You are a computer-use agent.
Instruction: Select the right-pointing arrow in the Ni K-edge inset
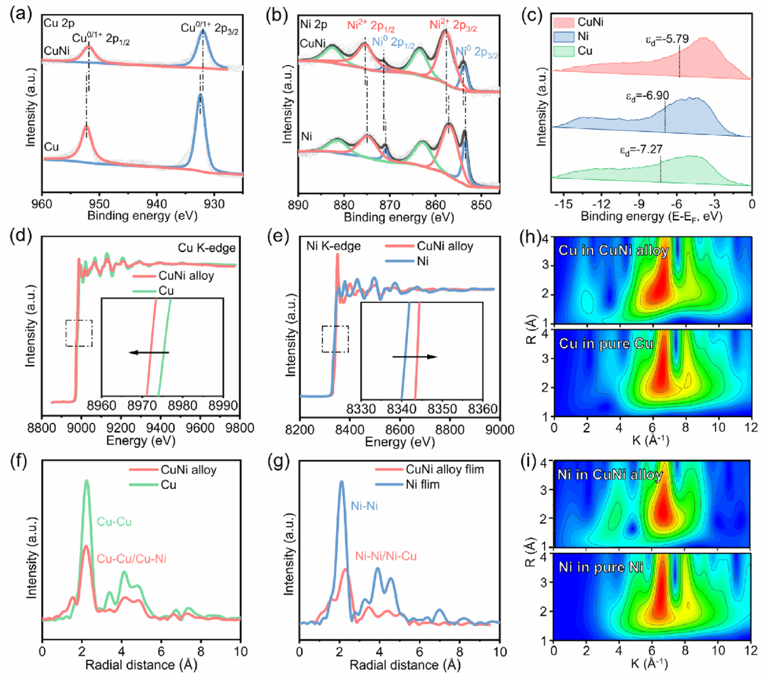[414, 357]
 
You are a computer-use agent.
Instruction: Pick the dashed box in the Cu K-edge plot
[79, 333]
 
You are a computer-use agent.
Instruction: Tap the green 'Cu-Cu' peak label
[115, 522]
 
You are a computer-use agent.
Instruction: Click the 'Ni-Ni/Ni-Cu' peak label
[386, 556]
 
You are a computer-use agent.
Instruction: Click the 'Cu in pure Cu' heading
[606, 344]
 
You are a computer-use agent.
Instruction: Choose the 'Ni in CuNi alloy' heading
[610, 474]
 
